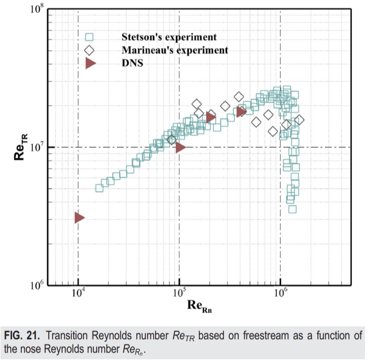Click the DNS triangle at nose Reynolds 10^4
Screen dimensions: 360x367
click(x=79, y=218)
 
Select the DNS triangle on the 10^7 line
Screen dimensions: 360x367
click(x=180, y=147)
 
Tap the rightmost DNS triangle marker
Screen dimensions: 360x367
click(x=241, y=112)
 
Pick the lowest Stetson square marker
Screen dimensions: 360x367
click(x=292, y=209)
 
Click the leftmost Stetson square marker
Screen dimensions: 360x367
click(x=99, y=188)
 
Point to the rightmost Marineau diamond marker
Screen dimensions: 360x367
click(x=299, y=120)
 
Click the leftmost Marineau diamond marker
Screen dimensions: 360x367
click(x=172, y=140)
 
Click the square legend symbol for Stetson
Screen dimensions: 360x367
click(x=90, y=37)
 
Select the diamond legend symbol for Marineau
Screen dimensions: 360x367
click(x=90, y=50)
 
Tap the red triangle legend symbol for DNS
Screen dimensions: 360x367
click(x=90, y=63)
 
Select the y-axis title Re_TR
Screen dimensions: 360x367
click(x=20, y=147)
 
